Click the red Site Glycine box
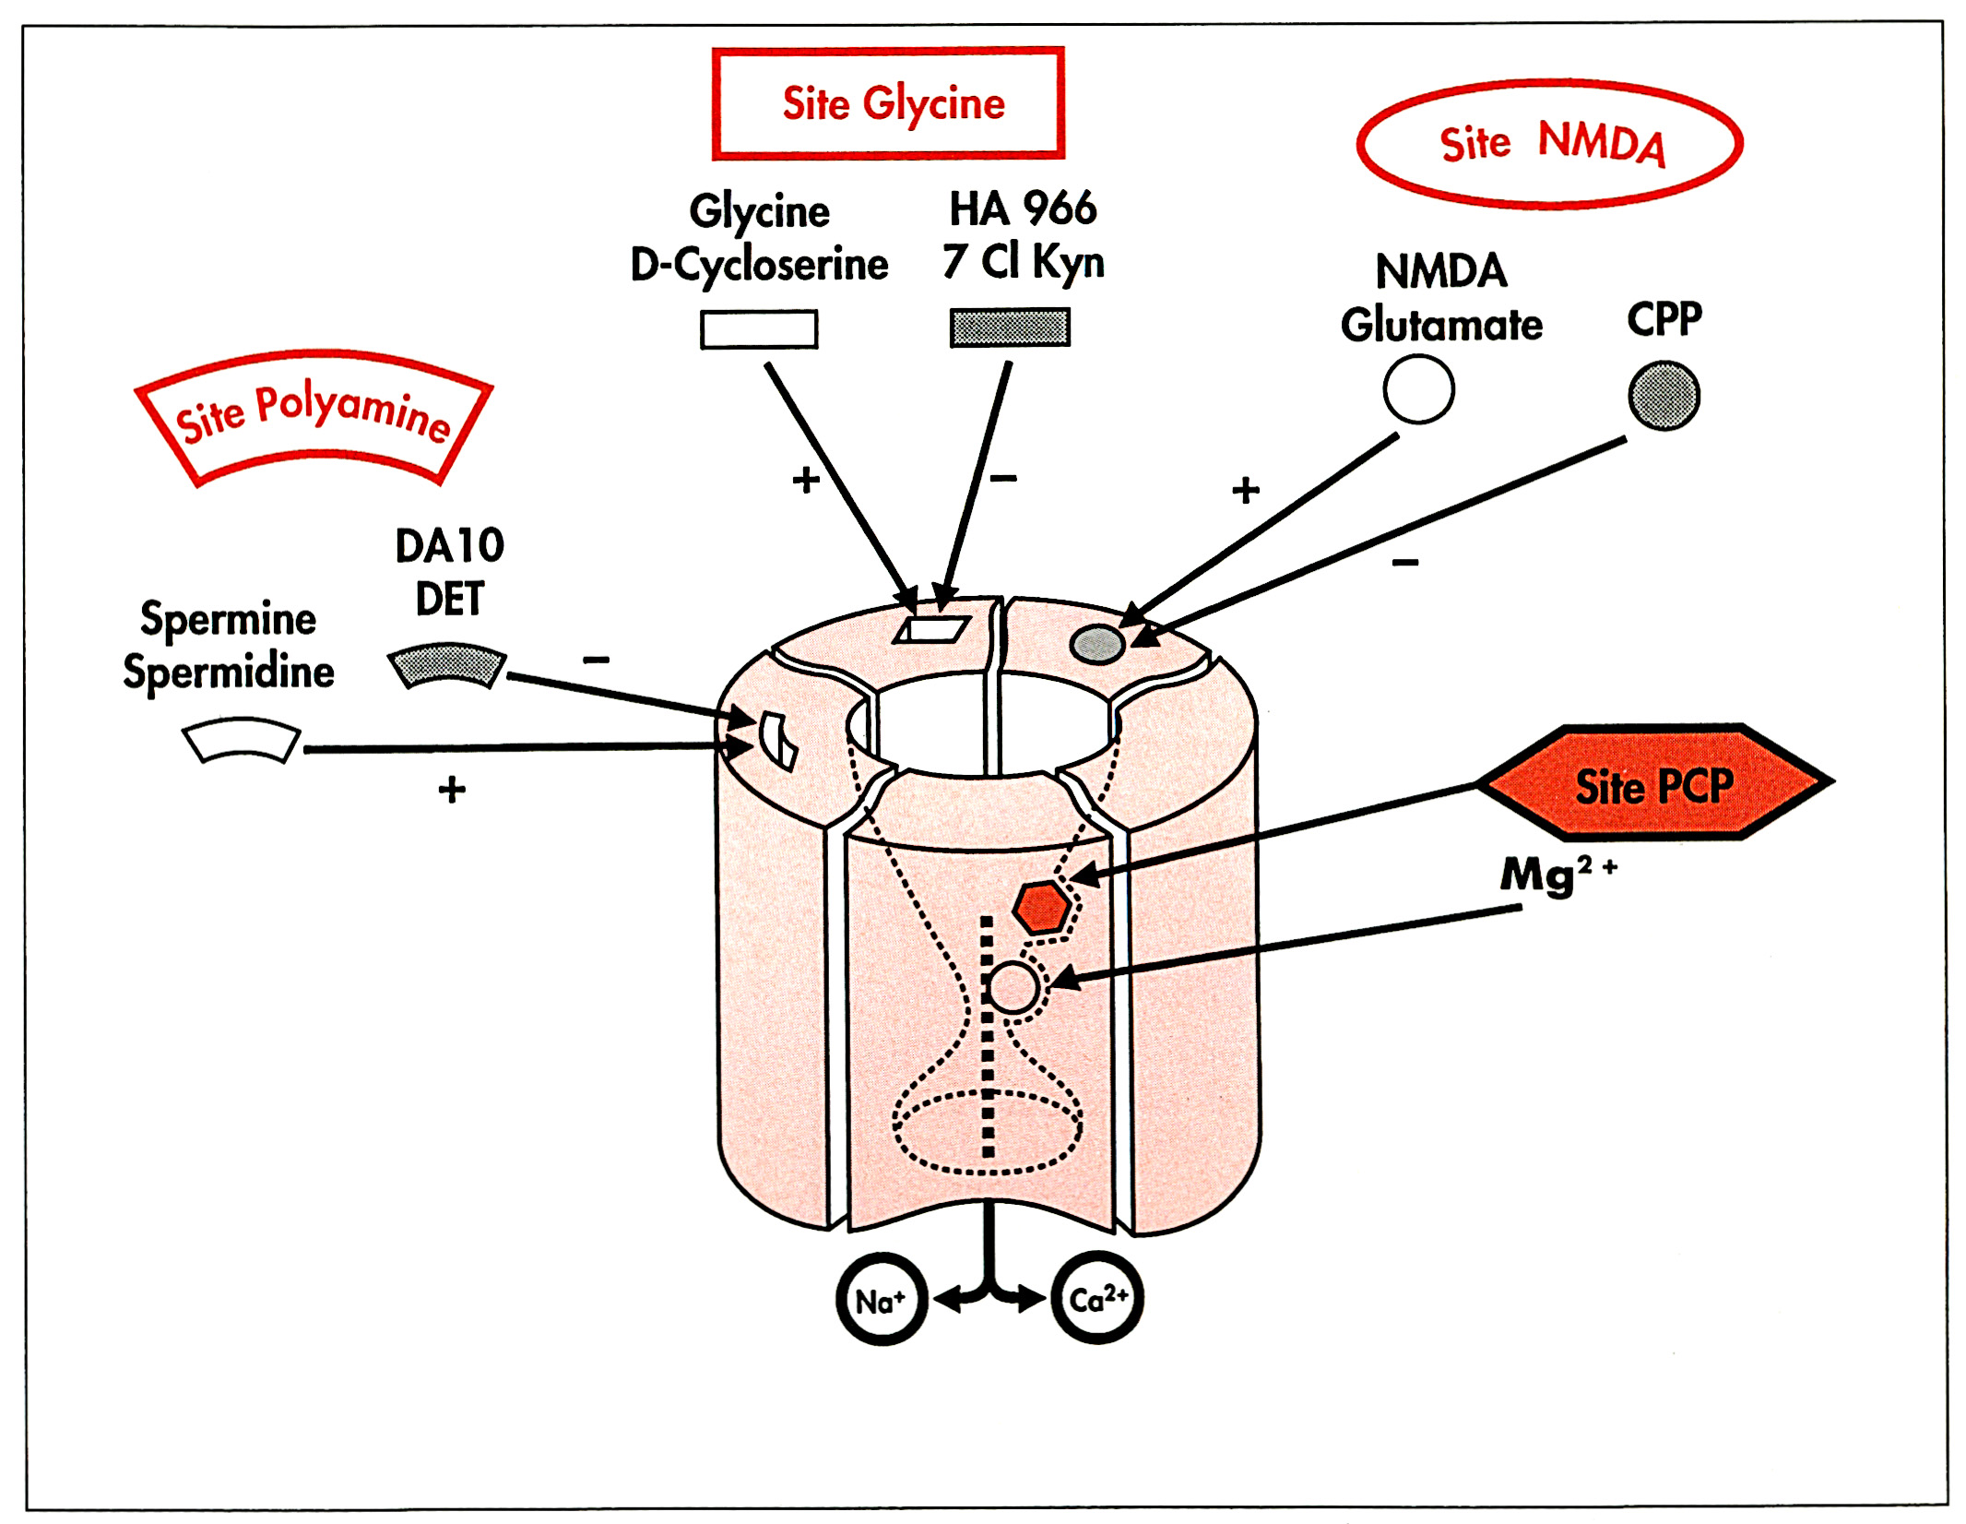tap(888, 103)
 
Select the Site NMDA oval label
tap(1550, 144)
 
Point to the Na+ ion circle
tap(881, 1300)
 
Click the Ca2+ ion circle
tap(1097, 1298)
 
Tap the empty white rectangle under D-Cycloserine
tap(759, 329)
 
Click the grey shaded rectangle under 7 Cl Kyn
tap(1010, 327)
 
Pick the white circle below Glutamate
tap(1418, 389)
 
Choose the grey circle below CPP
tap(1664, 396)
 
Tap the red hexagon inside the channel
tap(1042, 908)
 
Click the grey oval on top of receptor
tap(1097, 643)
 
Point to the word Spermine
tap(228, 618)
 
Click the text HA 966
tap(1023, 209)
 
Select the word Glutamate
tap(1441, 325)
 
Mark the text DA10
tap(449, 545)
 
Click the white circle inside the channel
tap(1013, 987)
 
